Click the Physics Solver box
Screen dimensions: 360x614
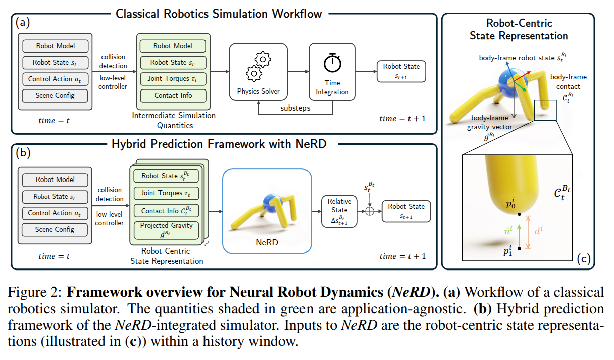tap(258, 71)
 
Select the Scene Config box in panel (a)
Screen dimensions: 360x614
tap(55, 95)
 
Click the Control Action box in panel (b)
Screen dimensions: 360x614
tap(55, 213)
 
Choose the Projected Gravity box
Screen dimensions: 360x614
tap(166, 230)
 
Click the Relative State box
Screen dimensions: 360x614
tap(340, 210)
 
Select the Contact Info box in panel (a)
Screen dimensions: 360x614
tap(173, 95)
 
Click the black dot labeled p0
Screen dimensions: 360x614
tap(519, 215)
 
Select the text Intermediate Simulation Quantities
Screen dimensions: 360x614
tap(173, 120)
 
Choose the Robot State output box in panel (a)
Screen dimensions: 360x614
tap(401, 71)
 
